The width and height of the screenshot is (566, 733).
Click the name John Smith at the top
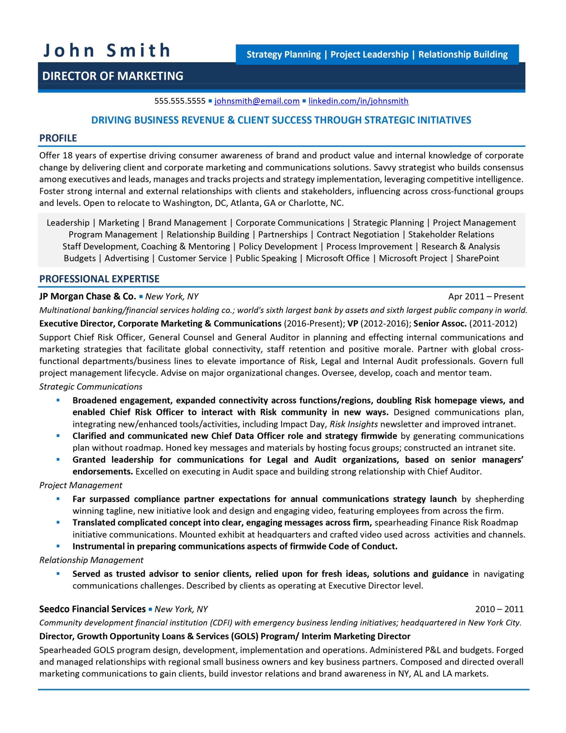point(107,51)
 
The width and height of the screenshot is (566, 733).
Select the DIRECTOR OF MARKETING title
point(113,76)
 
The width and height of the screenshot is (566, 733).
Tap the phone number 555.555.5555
point(179,101)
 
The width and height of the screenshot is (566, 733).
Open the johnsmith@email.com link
point(257,101)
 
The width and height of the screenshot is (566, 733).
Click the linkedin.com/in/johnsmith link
point(358,101)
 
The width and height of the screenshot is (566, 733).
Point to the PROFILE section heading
point(58,138)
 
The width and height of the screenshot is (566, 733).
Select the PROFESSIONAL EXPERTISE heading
point(99,279)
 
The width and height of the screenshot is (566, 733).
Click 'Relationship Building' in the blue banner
point(463,54)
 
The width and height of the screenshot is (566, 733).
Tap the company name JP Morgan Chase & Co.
point(88,296)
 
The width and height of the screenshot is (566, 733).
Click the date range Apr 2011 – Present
point(486,296)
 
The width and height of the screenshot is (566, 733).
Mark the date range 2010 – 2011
point(499,609)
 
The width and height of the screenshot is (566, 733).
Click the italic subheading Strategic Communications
point(91,387)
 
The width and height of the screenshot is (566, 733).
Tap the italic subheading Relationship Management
point(91,560)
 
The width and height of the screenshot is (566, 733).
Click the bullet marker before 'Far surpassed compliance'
point(58,499)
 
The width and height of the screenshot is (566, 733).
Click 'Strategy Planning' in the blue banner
point(284,54)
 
